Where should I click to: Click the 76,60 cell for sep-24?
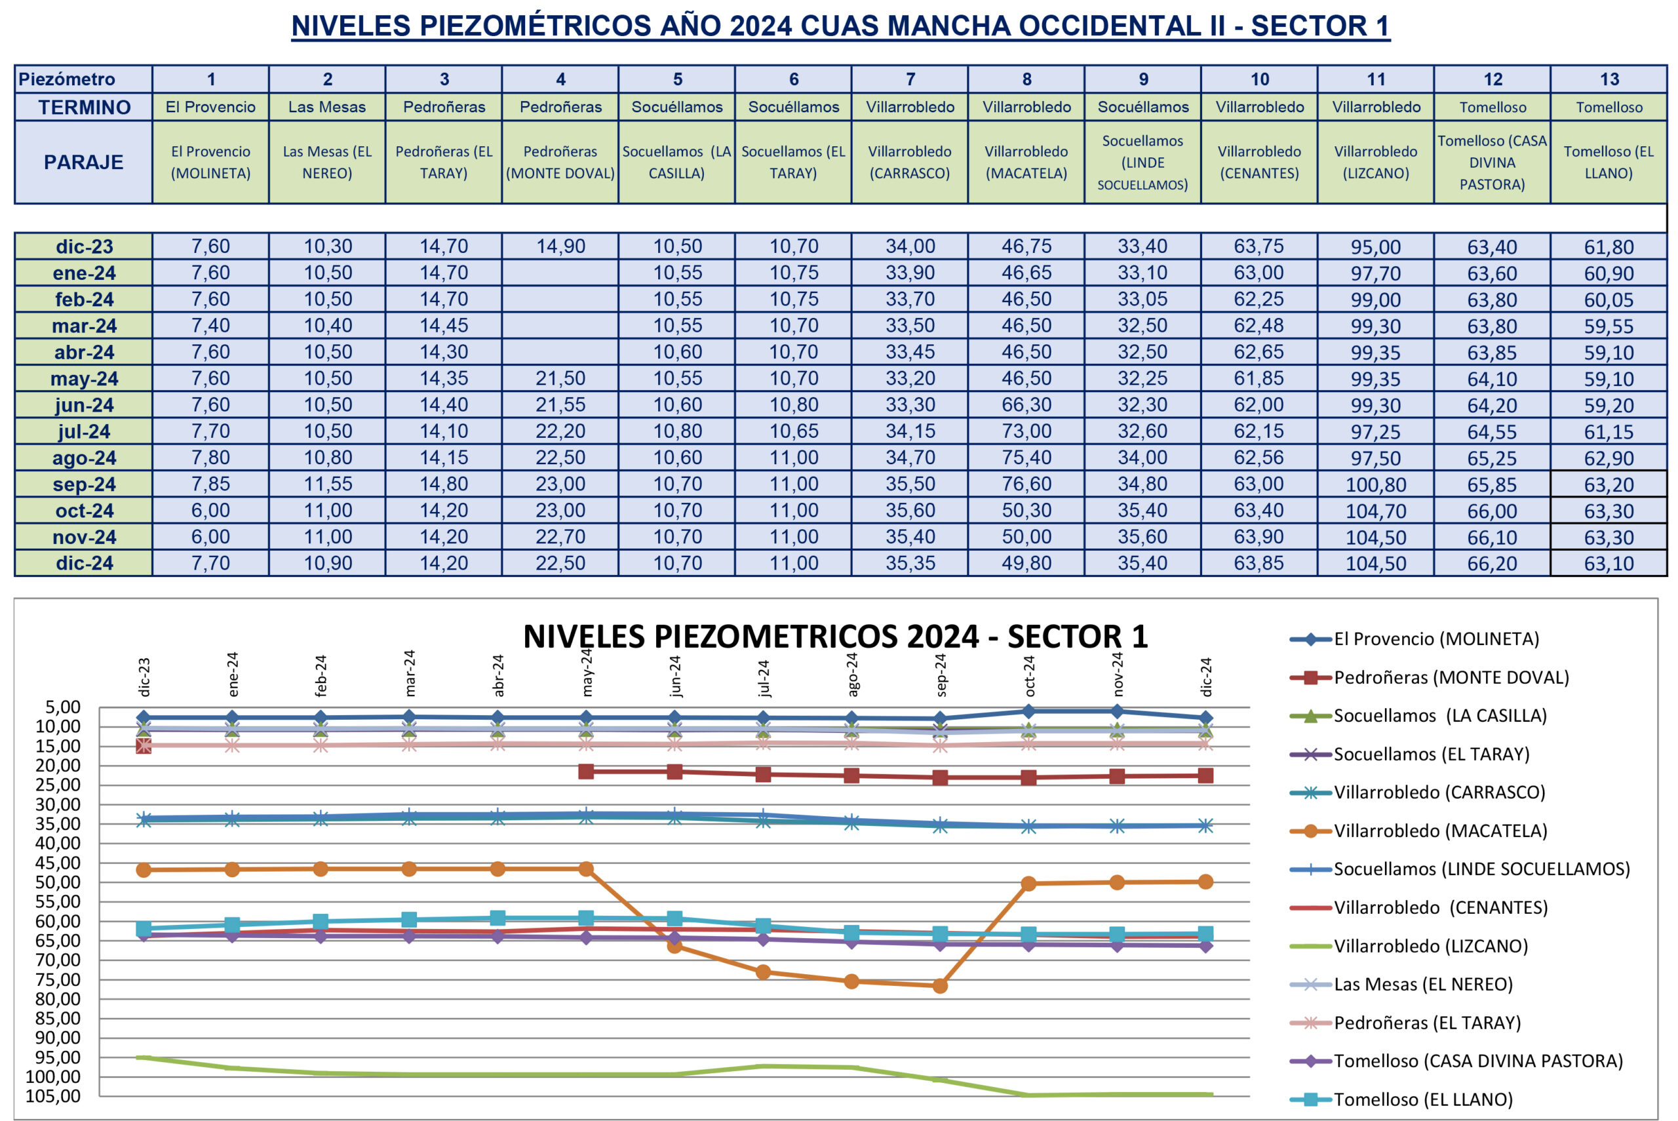click(x=1026, y=484)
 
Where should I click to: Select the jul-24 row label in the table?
click(x=84, y=432)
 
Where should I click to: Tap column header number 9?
click(x=1142, y=79)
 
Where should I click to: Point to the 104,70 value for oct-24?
click(x=1376, y=511)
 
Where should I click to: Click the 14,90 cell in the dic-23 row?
click(x=560, y=246)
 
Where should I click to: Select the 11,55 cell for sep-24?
click(x=327, y=484)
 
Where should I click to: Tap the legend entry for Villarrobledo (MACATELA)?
click(x=1439, y=831)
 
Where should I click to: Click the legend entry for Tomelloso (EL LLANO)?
click(x=1422, y=1099)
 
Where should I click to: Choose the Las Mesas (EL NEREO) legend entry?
click(x=1422, y=984)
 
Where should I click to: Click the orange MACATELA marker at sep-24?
click(x=941, y=986)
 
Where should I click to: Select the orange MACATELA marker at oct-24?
click(x=1028, y=884)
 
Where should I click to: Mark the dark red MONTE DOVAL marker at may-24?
click(x=586, y=772)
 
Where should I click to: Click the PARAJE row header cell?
click(x=84, y=163)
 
